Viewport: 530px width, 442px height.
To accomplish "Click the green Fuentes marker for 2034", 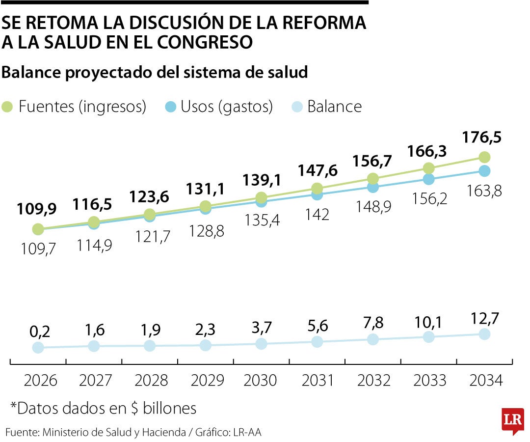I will pos(484,157).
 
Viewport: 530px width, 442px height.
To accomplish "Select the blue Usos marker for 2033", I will pos(429,179).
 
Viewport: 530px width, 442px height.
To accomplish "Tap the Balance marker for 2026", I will pos(38,348).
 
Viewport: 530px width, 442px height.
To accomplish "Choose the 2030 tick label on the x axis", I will pos(260,381).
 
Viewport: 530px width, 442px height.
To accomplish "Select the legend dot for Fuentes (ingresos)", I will pos(8,107).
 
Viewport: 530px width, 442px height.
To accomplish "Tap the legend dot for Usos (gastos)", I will pos(170,107).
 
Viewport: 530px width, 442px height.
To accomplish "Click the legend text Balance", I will pos(334,107).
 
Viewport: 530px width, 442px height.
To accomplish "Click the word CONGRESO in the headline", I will pos(206,42).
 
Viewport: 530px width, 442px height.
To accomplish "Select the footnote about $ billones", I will pos(104,408).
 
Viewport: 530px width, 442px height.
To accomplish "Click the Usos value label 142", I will pos(317,214).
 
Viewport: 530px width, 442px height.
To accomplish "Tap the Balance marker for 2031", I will pos(318,342).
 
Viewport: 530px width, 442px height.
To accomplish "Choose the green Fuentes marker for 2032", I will pos(373,178).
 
